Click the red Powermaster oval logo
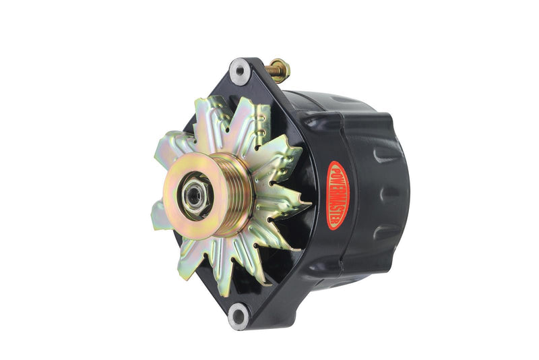[x=337, y=195]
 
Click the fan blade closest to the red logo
[x=286, y=202]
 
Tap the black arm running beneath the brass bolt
[x=269, y=84]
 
